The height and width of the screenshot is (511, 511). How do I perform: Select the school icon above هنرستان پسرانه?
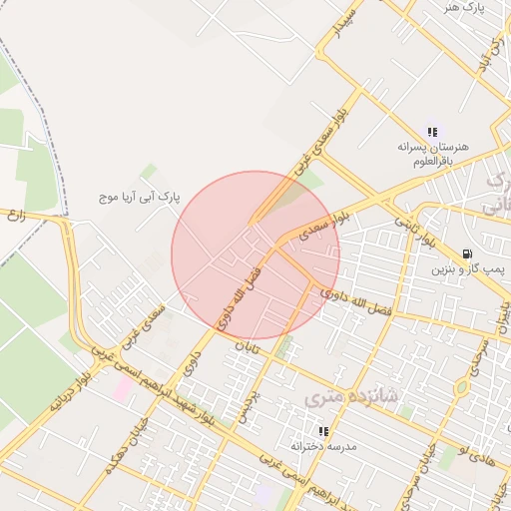pyautogui.click(x=431, y=132)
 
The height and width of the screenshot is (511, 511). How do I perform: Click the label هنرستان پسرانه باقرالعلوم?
pyautogui.click(x=431, y=153)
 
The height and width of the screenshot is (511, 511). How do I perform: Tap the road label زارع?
pyautogui.click(x=14, y=215)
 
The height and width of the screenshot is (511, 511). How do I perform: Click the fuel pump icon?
pyautogui.click(x=468, y=254)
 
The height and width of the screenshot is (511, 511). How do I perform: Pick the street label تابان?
pyautogui.click(x=246, y=345)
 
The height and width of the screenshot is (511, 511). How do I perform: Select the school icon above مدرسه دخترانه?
pyautogui.click(x=323, y=431)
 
